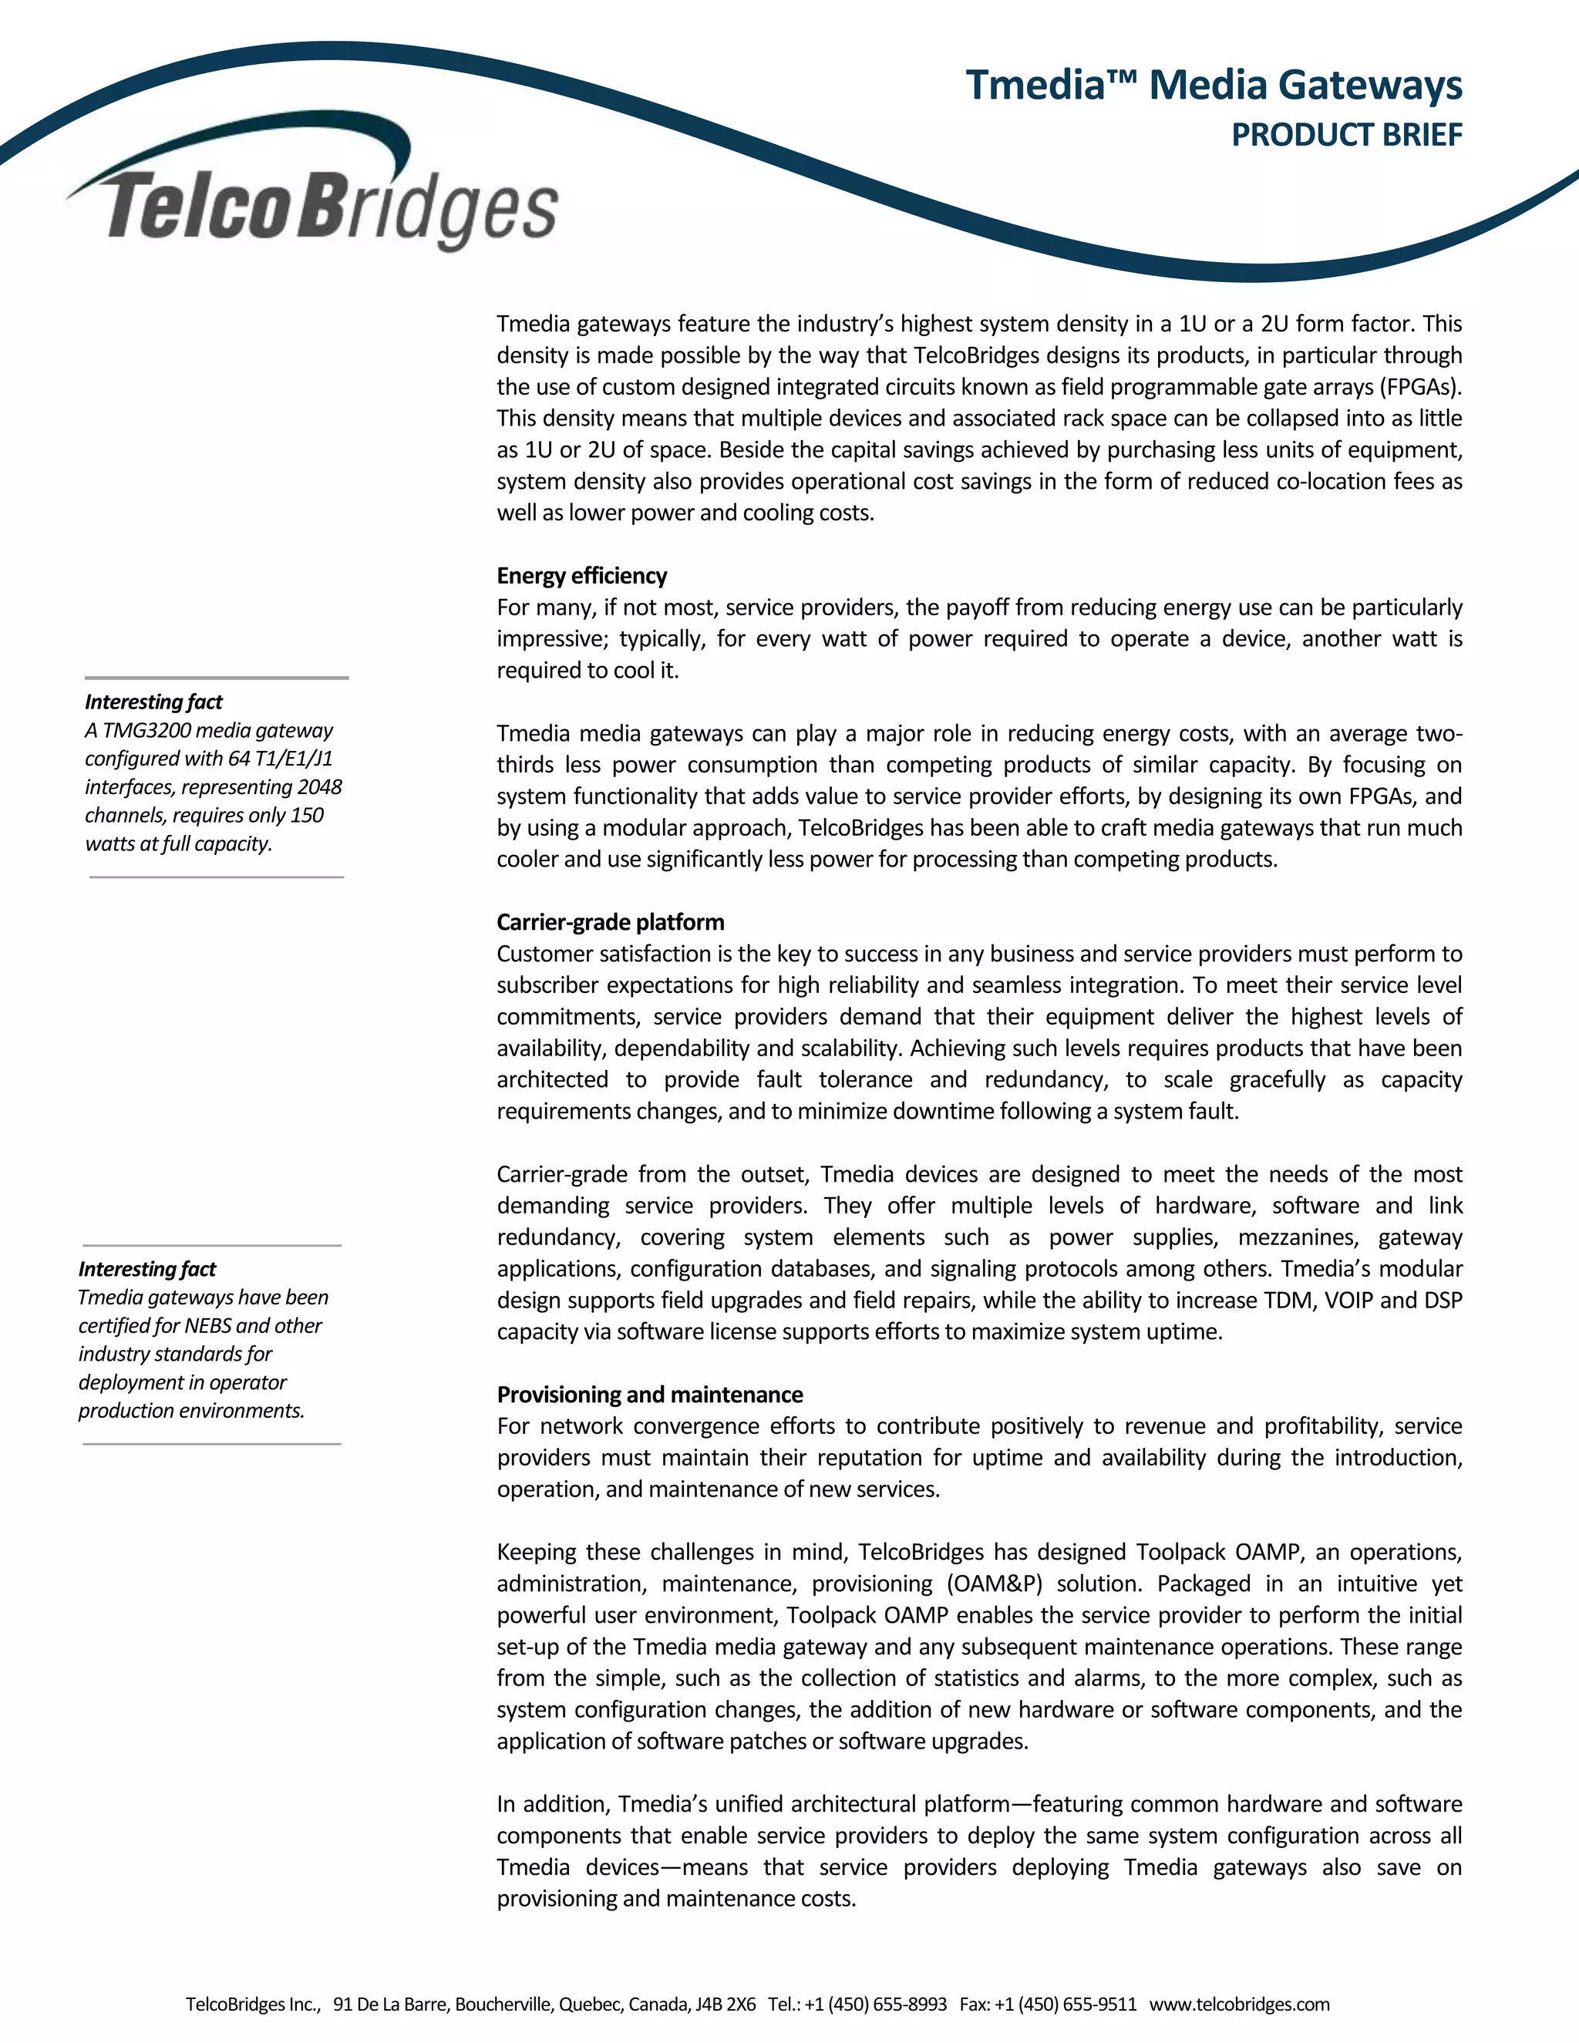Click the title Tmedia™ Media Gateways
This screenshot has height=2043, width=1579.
[1214, 85]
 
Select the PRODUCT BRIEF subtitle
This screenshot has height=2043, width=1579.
[1346, 136]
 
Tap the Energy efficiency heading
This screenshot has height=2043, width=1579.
[582, 576]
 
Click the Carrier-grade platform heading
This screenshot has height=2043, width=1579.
[610, 922]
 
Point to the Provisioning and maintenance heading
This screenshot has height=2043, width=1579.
[649, 1395]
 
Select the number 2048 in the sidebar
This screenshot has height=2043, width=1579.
[319, 786]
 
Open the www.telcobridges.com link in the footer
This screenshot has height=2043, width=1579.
[1240, 2004]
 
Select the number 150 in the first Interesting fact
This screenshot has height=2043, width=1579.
[307, 816]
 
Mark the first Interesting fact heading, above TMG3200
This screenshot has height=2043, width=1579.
[153, 702]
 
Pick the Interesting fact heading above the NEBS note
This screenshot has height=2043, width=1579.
[146, 1270]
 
